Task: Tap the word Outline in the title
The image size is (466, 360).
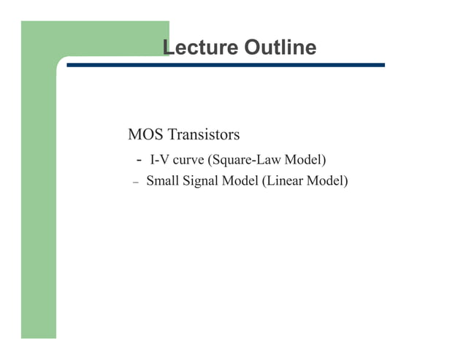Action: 280,48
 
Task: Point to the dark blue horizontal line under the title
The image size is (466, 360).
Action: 226,65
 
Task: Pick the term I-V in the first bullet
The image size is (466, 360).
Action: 158,159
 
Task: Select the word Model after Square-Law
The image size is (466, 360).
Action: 303,159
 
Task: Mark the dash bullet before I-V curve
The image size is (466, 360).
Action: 139,160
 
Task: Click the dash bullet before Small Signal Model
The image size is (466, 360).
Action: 135,182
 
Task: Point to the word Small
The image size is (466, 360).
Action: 162,180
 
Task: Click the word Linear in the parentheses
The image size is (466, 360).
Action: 284,180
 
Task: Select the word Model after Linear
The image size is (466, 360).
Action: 326,180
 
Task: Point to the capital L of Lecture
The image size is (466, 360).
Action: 167,48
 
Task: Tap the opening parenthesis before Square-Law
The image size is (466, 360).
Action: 211,159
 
